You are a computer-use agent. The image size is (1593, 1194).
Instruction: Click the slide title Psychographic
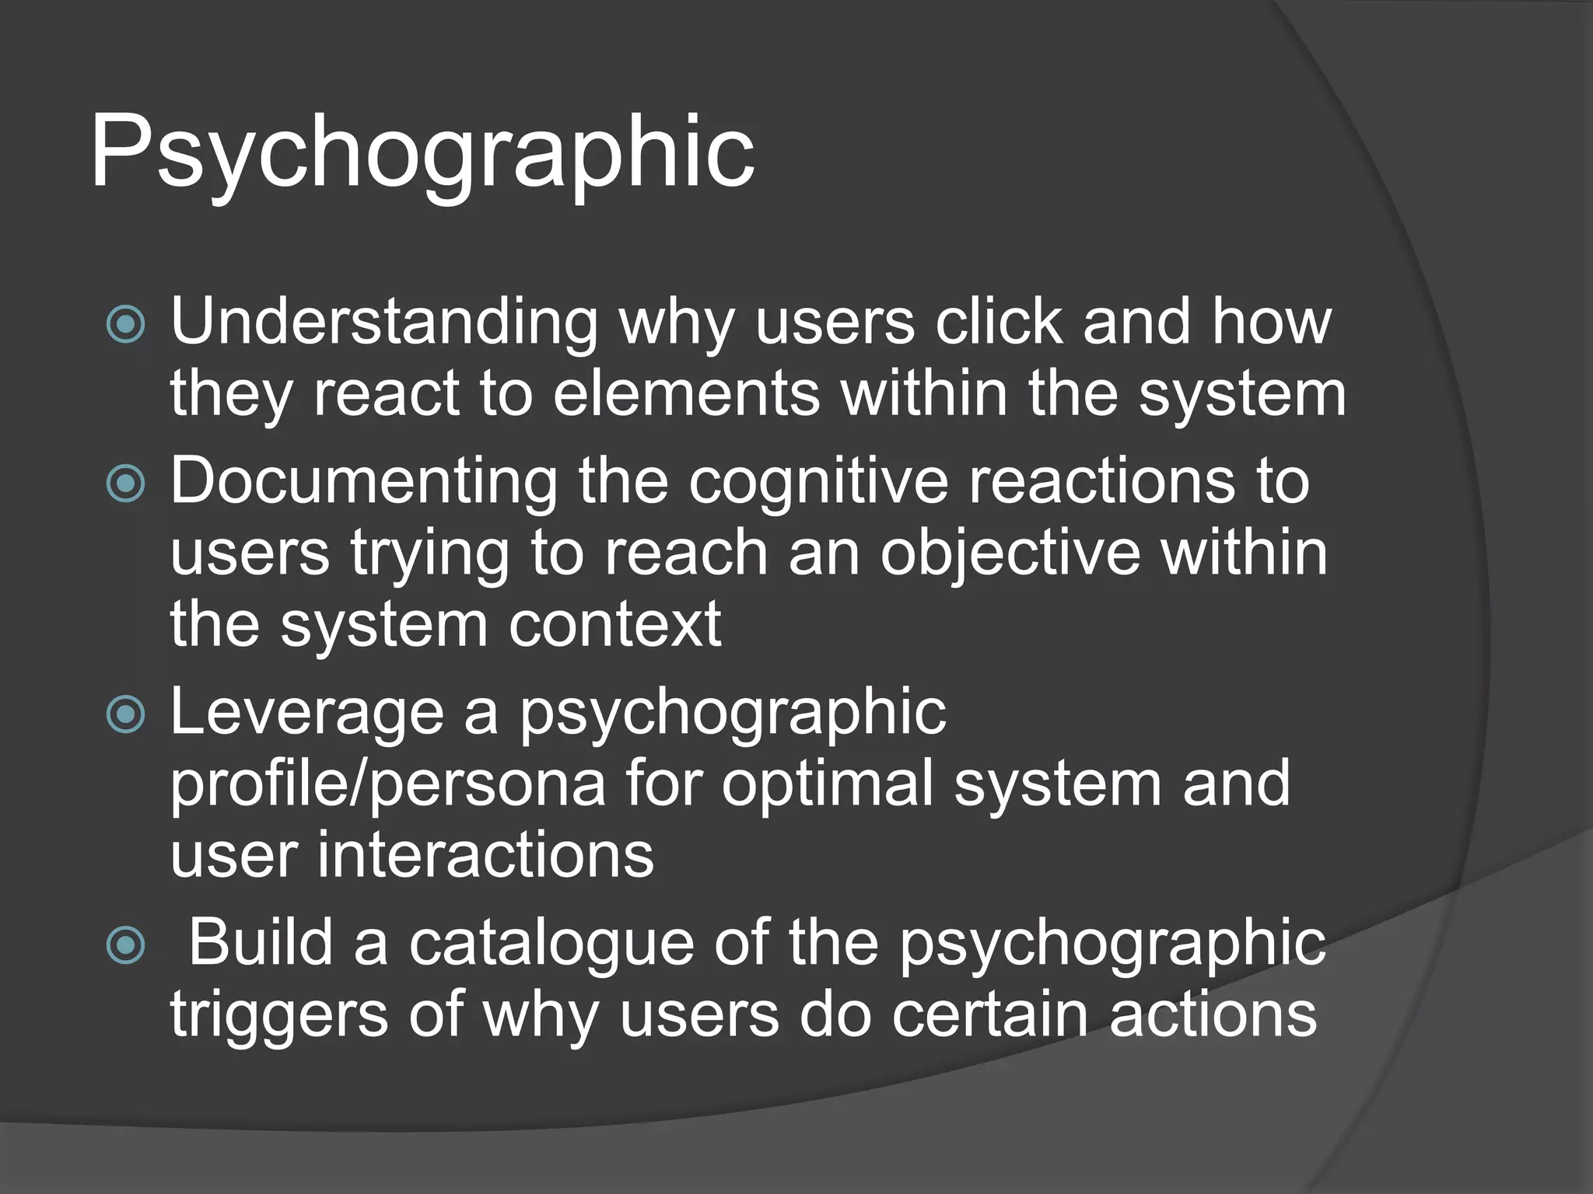pyautogui.click(x=422, y=152)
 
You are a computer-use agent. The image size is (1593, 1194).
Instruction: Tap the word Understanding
pyautogui.click(x=384, y=322)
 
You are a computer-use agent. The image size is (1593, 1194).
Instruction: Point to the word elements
pyautogui.click(x=686, y=393)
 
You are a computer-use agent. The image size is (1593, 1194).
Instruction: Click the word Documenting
pyautogui.click(x=364, y=480)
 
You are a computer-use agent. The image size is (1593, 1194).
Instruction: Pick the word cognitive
pyautogui.click(x=818, y=480)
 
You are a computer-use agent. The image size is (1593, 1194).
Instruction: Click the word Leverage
pyautogui.click(x=306, y=712)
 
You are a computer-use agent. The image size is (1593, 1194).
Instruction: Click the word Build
pyautogui.click(x=261, y=942)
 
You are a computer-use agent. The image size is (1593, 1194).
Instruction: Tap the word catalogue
pyautogui.click(x=551, y=944)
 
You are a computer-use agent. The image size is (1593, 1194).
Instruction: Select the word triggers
pyautogui.click(x=278, y=1015)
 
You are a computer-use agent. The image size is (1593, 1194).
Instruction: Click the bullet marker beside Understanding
pyautogui.click(x=125, y=324)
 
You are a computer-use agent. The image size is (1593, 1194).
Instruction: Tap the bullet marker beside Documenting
pyautogui.click(x=125, y=484)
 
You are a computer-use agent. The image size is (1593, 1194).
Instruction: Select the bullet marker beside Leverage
pyautogui.click(x=125, y=714)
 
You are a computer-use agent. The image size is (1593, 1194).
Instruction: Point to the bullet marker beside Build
pyautogui.click(x=125, y=945)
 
